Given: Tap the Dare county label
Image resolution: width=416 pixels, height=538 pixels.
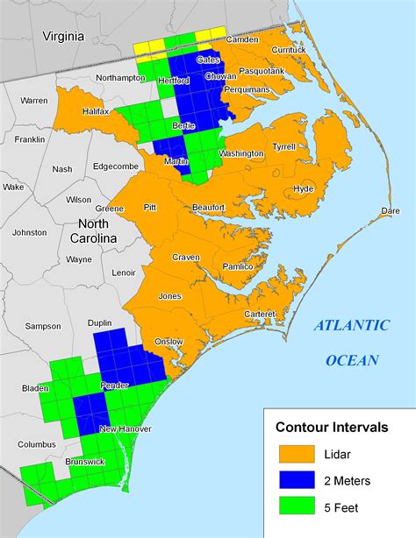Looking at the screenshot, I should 390,211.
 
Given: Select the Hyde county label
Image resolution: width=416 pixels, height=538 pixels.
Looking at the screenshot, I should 304,189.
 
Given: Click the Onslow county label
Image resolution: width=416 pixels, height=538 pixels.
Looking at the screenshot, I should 169,341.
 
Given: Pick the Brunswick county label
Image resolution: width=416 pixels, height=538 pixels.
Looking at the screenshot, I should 84,461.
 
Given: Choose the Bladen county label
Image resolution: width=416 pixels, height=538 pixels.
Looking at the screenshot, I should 36,387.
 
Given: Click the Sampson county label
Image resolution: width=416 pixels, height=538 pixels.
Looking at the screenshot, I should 42,326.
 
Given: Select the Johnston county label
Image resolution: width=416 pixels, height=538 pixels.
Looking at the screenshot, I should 30,232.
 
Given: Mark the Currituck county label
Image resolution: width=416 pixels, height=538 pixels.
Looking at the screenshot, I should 289,50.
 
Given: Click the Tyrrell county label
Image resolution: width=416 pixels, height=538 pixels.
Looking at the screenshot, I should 284,147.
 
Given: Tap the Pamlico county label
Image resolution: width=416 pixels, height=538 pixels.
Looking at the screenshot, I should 238,266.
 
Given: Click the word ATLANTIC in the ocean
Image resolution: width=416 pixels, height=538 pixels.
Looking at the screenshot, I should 352,326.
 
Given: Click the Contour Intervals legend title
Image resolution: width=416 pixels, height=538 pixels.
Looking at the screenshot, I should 332,428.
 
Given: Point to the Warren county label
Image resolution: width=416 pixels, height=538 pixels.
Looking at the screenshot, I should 34,101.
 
